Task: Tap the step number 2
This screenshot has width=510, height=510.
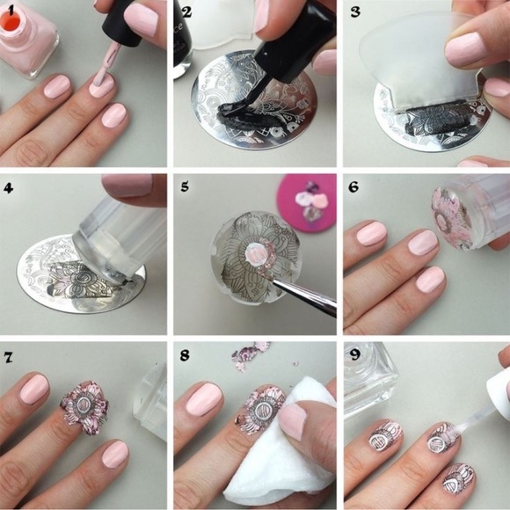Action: [x=187, y=12]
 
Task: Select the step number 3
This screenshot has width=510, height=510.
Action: [x=355, y=12]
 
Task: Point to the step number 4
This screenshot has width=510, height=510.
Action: [x=9, y=187]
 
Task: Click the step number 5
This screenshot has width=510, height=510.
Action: [x=185, y=186]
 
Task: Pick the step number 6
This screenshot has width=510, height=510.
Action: [x=353, y=186]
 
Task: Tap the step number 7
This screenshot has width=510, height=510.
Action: [x=8, y=357]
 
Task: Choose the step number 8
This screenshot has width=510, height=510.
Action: [x=185, y=355]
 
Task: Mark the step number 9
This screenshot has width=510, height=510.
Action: [x=354, y=354]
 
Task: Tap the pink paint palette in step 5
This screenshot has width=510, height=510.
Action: [x=306, y=202]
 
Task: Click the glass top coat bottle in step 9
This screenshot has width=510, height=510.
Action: [x=371, y=380]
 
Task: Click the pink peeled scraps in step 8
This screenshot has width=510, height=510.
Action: [x=251, y=355]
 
